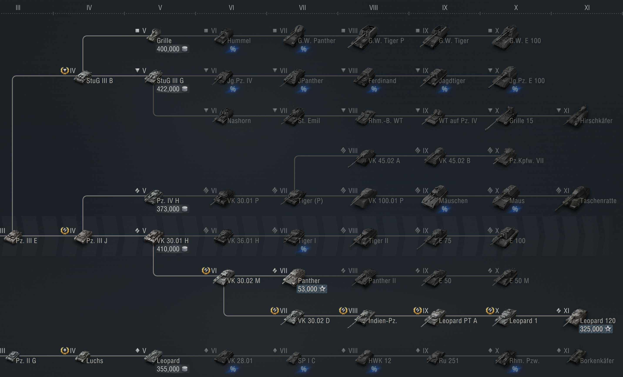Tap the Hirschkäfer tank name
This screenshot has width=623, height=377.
click(596, 121)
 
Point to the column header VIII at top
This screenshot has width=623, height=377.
click(373, 8)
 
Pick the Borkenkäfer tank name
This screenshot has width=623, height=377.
click(597, 361)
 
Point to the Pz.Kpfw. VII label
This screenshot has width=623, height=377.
click(526, 161)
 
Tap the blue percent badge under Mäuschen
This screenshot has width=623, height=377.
click(444, 209)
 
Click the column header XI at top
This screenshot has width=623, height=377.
click(587, 8)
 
